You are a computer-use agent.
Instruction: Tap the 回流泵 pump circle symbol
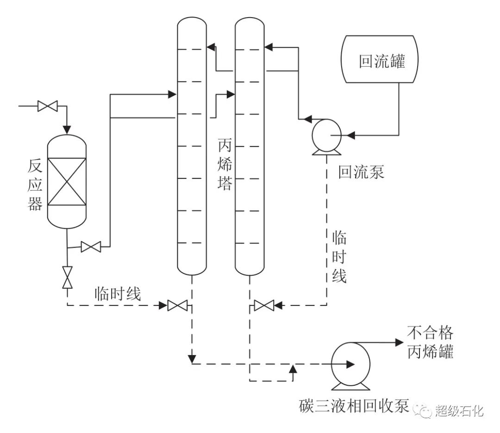[x=326, y=135]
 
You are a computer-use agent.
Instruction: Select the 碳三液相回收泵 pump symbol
[x=350, y=364]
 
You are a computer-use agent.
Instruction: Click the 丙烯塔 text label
[x=225, y=166]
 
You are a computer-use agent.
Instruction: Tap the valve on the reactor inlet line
[x=47, y=106]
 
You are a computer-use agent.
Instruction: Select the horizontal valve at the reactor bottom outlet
[x=91, y=247]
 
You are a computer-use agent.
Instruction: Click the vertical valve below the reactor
[x=68, y=277]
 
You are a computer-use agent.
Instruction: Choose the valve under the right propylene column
[x=264, y=305]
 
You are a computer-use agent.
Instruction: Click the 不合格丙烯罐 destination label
[x=430, y=343]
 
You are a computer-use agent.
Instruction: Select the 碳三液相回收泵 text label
[x=354, y=406]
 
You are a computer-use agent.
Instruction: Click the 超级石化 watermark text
[x=459, y=410]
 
